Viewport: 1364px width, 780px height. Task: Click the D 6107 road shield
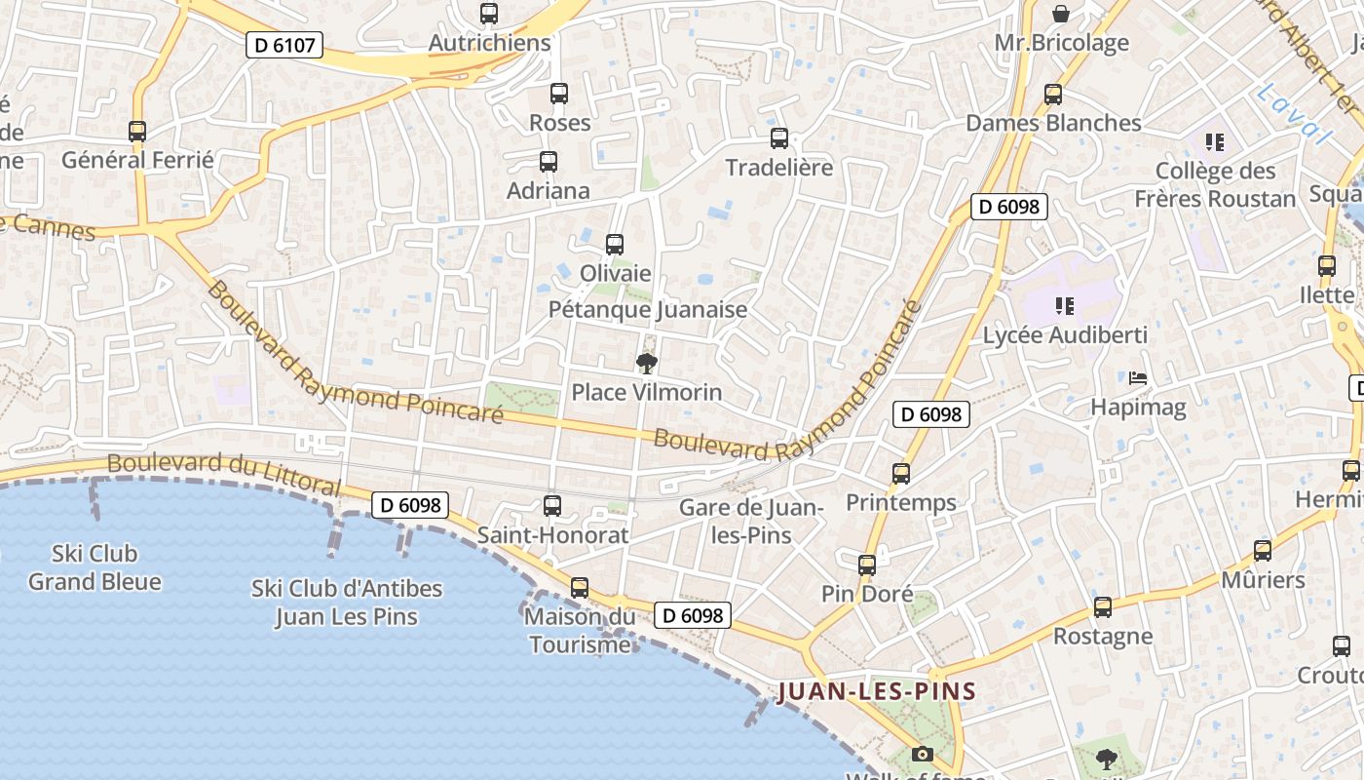[x=284, y=45]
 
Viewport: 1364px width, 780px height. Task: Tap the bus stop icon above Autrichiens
[x=489, y=14]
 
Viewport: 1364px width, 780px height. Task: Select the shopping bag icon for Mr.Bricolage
[x=1061, y=14]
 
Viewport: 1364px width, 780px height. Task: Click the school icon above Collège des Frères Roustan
[x=1214, y=142]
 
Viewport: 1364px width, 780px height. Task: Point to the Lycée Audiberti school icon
[x=1064, y=306]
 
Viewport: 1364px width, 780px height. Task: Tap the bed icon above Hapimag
[x=1137, y=377]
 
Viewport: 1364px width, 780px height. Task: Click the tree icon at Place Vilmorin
[x=646, y=364]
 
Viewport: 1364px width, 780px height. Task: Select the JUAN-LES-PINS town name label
[x=877, y=692]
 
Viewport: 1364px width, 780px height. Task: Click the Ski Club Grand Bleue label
[x=95, y=567]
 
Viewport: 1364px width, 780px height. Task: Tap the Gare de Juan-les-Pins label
[x=750, y=521]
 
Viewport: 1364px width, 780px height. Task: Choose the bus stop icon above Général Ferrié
[x=137, y=131]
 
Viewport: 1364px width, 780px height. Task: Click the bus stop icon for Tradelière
[x=779, y=138]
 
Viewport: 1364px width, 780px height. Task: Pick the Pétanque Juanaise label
[x=648, y=310]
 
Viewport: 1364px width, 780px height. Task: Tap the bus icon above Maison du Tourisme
[x=580, y=588]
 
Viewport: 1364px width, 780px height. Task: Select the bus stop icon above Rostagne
[x=1103, y=606]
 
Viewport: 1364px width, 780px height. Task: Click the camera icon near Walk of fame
[x=922, y=754]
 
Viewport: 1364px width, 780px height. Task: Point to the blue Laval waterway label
[x=1293, y=114]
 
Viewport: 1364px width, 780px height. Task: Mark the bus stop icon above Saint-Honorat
[x=552, y=505]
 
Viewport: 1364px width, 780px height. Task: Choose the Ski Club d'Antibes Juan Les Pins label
[x=347, y=603]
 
